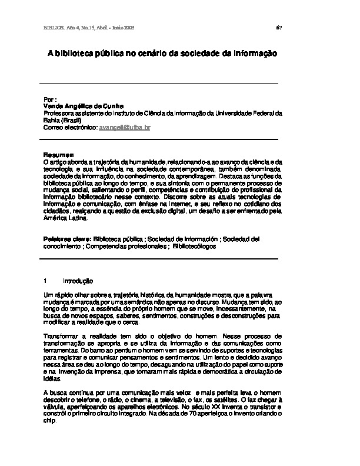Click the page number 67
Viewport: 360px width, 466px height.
pos(279,28)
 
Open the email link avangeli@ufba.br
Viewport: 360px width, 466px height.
pos(125,127)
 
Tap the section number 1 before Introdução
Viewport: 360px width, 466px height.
pos(46,280)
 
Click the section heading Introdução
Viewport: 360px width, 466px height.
pos(78,280)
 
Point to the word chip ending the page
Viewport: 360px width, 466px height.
pos(50,420)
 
